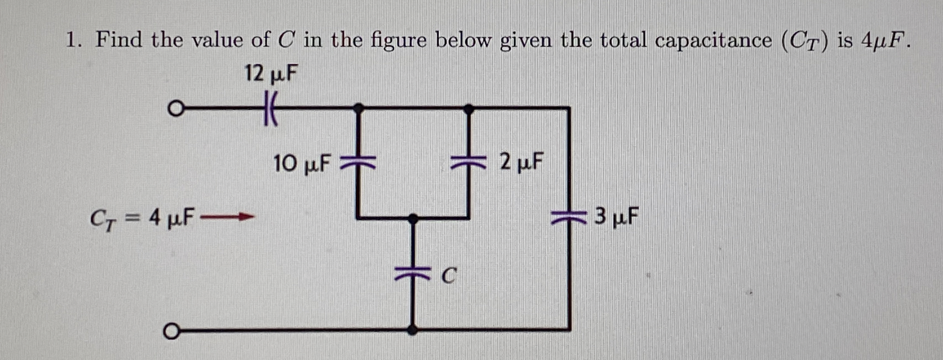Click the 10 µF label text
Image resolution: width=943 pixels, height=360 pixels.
[x=301, y=164]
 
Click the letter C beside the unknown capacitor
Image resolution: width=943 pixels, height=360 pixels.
[x=449, y=276]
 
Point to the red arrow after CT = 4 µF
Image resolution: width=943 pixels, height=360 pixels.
[x=227, y=217]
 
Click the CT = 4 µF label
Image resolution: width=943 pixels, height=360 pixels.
[x=142, y=218]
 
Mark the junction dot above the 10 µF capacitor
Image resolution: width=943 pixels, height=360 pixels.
[x=358, y=108]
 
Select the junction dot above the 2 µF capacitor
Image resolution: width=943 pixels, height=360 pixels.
[x=468, y=109]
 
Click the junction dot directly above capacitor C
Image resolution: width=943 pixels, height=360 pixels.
[x=413, y=219]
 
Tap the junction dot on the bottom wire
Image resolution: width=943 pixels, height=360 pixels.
[x=412, y=330]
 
